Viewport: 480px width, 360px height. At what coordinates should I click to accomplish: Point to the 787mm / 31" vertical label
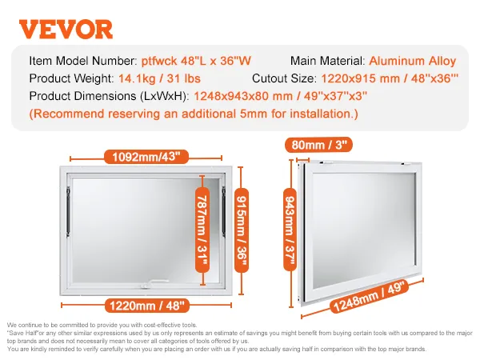(x=206, y=229)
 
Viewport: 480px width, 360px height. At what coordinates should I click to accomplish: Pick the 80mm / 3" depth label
(x=313, y=146)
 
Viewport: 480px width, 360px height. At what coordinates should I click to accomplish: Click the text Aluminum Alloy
(x=412, y=61)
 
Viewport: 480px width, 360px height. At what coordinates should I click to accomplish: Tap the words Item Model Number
(x=81, y=61)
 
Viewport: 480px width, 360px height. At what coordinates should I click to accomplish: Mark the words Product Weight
(x=67, y=78)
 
